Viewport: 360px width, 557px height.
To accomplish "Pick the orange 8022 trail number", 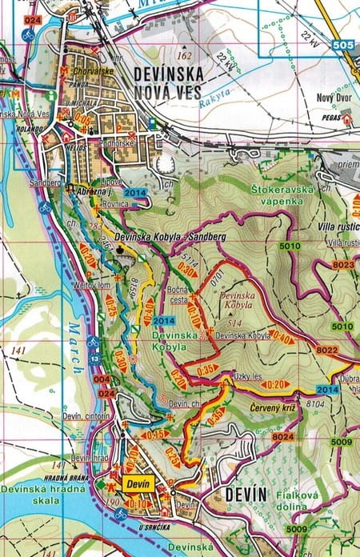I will tap(326, 349).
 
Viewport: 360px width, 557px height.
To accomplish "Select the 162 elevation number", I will tap(186, 55).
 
